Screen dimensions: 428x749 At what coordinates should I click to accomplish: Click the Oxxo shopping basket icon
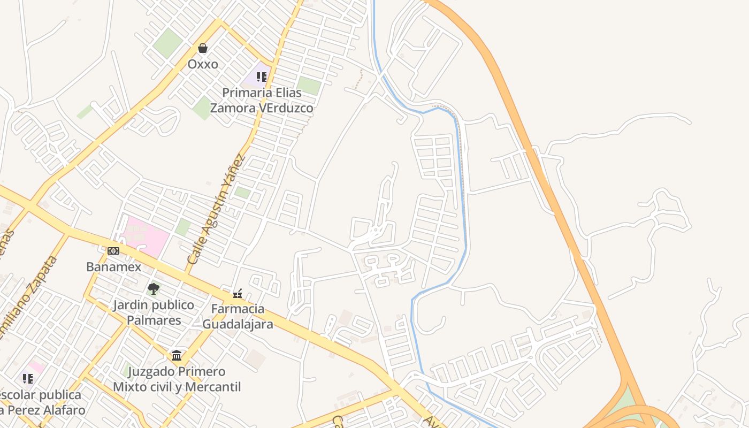203,49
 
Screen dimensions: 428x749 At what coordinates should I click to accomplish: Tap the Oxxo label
203,64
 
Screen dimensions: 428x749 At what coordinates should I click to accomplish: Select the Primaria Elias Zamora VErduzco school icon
262,77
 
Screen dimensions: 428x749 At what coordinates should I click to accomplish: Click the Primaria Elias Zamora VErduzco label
262,100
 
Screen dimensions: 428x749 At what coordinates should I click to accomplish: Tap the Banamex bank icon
113,250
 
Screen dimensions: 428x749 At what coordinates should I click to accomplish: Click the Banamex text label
114,266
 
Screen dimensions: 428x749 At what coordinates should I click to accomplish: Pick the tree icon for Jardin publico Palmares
154,289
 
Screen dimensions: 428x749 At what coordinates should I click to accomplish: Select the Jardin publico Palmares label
154,312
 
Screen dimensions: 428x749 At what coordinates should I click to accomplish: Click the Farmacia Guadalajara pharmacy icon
238,294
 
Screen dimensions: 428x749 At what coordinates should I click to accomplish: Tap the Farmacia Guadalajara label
238,316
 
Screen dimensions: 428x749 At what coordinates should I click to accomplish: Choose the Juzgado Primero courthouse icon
177,355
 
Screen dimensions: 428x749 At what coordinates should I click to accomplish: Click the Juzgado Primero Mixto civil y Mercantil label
177,379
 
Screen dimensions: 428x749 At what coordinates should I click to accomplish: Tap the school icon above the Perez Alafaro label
28,379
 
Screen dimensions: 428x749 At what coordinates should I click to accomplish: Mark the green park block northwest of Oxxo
168,43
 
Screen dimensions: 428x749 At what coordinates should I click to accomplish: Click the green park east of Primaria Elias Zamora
309,86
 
